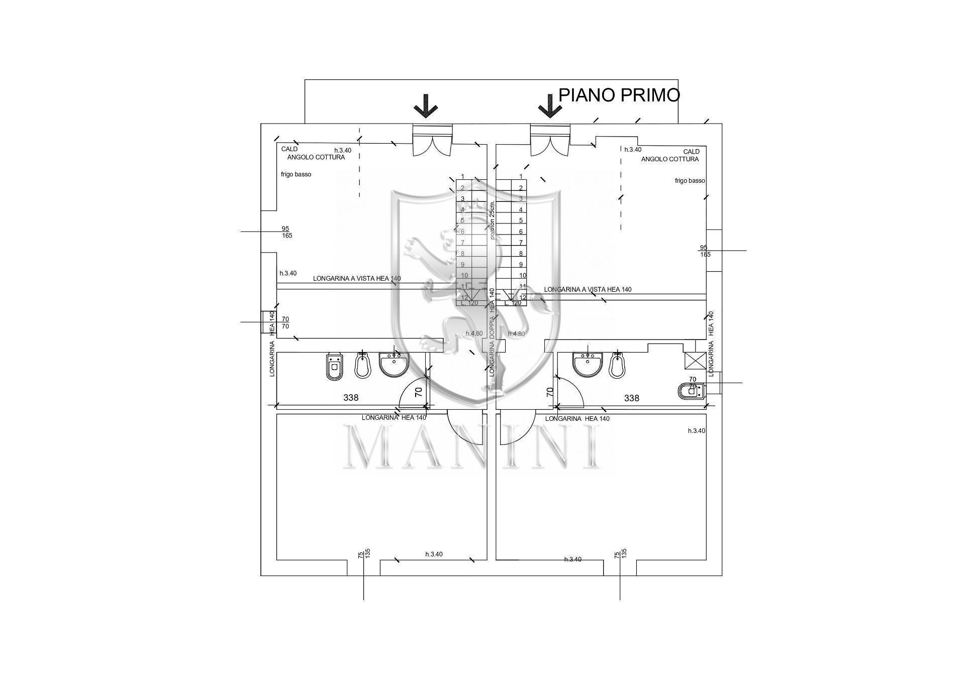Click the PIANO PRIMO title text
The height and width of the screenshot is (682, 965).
[x=619, y=95]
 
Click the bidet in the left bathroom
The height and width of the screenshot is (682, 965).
[x=362, y=365]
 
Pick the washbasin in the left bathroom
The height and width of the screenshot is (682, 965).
[x=394, y=364]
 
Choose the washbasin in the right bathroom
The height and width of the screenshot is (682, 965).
[x=588, y=364]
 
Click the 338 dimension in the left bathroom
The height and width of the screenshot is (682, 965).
[x=351, y=398]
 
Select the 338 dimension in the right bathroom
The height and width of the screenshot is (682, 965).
[x=631, y=398]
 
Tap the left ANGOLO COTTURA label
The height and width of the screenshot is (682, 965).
[x=316, y=157]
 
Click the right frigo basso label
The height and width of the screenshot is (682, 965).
[x=690, y=181]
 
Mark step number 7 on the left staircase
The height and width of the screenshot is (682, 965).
[x=462, y=243]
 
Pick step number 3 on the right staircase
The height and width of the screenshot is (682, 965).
[x=521, y=199]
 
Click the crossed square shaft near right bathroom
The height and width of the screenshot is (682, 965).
[x=695, y=361]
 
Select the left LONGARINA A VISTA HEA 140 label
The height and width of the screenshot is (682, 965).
[x=356, y=278]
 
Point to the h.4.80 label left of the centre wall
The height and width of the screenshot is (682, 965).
[x=474, y=333]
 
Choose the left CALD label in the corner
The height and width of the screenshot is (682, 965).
[x=289, y=149]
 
